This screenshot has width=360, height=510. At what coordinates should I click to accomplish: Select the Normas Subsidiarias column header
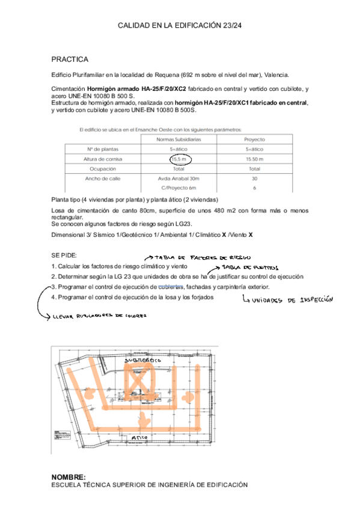[x=178, y=139]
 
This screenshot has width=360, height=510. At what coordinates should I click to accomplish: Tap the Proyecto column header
[x=254, y=139]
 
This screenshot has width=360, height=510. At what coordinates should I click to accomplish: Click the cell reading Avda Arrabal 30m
[x=178, y=179]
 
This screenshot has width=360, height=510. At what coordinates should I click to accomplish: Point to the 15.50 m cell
[x=254, y=159]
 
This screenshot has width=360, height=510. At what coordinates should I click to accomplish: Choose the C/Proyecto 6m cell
[x=178, y=188]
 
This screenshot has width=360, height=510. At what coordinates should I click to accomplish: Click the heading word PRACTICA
[x=70, y=60]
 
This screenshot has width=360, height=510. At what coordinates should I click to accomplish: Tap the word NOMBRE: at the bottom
[x=68, y=476]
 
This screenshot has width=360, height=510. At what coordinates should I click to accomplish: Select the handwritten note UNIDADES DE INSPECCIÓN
[x=287, y=299]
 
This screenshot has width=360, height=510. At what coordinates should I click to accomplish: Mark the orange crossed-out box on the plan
[x=138, y=382]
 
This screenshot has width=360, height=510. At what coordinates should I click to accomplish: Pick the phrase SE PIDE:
[x=64, y=256]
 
